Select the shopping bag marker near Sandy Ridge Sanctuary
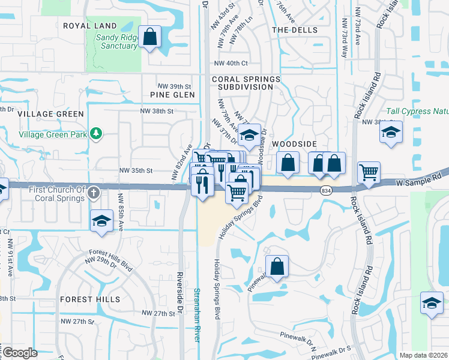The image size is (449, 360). pyautogui.click(x=149, y=37)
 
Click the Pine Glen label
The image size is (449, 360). pyautogui.click(x=173, y=95)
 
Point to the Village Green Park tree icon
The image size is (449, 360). pyautogui.click(x=94, y=133)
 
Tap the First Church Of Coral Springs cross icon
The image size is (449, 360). pyautogui.click(x=93, y=193)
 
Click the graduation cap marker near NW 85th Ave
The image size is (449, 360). pyautogui.click(x=101, y=221)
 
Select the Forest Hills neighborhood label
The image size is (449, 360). pyautogui.click(x=90, y=299)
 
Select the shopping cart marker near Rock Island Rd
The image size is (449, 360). pyautogui.click(x=369, y=173)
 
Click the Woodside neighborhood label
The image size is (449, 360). pyautogui.click(x=294, y=145)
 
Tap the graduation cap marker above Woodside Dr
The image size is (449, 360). pyautogui.click(x=249, y=135)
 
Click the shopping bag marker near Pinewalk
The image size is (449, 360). pyautogui.click(x=277, y=266)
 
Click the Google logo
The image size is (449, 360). pyautogui.click(x=20, y=353)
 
